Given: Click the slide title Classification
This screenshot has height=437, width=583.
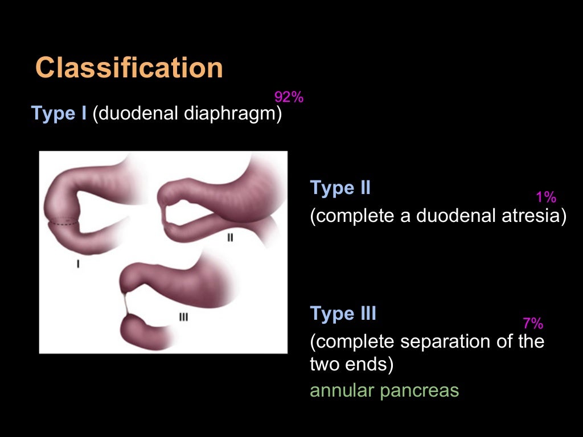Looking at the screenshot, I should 129,68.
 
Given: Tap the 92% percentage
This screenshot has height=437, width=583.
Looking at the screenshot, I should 289,97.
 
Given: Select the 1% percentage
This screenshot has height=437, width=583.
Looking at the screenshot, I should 546,197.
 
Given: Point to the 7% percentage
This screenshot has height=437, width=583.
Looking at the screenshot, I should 533,324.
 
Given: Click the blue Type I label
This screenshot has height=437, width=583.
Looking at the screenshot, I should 59,114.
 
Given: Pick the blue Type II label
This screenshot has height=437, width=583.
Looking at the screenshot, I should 340,188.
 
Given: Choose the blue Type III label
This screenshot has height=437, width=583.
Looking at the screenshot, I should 343,314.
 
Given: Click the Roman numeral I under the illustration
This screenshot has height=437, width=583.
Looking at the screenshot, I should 78,264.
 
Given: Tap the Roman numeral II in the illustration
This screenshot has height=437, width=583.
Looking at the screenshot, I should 230,238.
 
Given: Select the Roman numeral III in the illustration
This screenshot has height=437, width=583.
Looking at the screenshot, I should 183,317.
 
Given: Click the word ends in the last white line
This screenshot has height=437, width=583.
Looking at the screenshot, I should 371,365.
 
